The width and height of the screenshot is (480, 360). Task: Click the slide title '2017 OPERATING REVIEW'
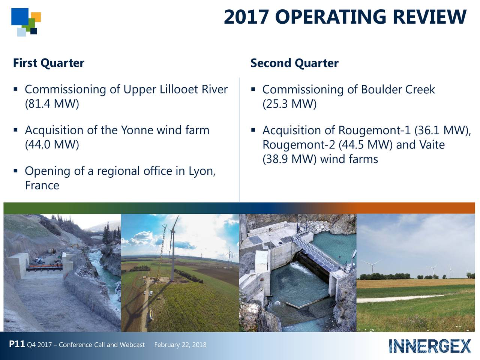coord(345,17)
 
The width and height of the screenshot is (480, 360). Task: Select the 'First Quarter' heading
coord(48,63)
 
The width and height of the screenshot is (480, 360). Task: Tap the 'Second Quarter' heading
coord(294,63)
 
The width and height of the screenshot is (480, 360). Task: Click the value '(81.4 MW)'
coord(52,103)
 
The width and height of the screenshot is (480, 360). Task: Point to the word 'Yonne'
coord(136,130)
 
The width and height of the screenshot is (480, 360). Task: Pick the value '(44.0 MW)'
coord(52,144)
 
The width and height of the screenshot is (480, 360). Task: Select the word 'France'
coord(42,185)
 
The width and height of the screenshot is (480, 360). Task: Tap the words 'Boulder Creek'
coord(397,90)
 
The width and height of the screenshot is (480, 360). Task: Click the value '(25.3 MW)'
coord(289,103)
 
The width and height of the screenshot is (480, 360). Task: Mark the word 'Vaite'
coord(432,145)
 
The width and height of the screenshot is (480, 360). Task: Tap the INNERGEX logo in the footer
coord(430,346)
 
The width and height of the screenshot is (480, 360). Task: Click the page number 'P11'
coord(17,344)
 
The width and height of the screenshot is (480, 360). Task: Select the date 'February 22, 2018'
coord(180,345)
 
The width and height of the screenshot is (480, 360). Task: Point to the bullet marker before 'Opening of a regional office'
coord(15,171)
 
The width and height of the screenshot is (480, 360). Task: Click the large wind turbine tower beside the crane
coord(172,259)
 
